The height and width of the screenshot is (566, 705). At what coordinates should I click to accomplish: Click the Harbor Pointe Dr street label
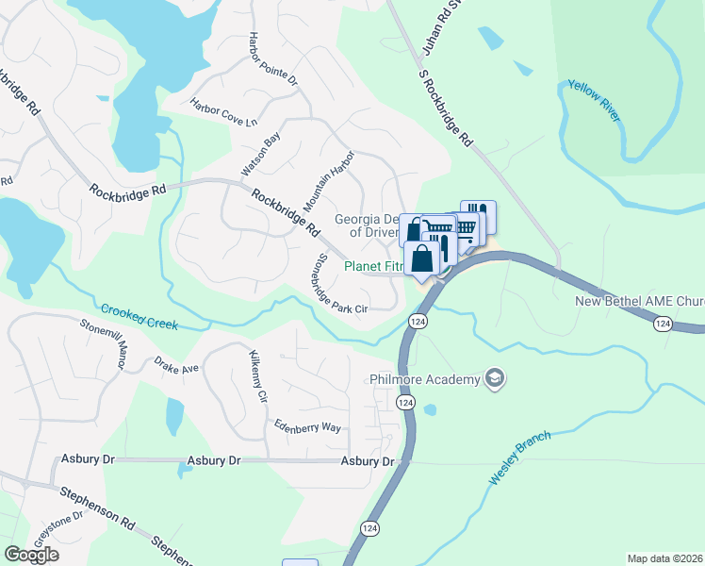tap(272, 60)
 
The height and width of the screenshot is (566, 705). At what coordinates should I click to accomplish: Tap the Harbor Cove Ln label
tap(223, 110)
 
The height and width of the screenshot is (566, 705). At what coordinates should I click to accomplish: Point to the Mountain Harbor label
tap(328, 180)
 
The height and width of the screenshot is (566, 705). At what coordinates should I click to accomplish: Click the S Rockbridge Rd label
tap(445, 110)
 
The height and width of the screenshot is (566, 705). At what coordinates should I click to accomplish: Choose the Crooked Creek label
tap(139, 317)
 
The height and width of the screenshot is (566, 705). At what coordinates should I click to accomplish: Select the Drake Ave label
tap(177, 365)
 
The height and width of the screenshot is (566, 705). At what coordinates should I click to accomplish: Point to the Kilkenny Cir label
tap(257, 377)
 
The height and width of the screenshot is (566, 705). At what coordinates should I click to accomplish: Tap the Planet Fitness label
tap(373, 267)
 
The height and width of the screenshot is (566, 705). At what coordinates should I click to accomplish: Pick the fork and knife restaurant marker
tap(479, 214)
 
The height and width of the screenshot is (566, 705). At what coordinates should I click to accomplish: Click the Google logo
tap(31, 555)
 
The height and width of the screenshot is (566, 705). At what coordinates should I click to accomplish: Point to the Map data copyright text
tap(665, 558)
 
